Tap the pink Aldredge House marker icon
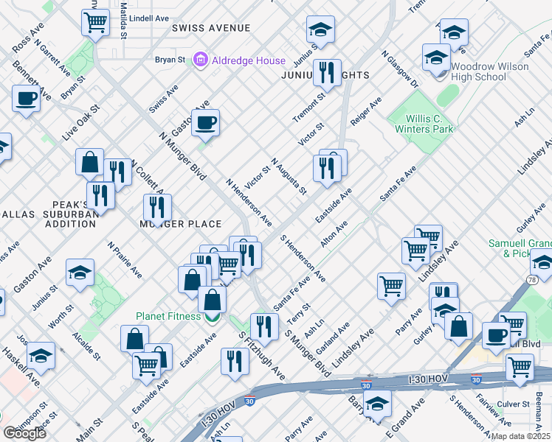200,60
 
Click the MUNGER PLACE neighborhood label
181,224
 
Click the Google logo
24,433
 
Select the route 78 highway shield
531,279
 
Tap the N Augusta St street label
289,176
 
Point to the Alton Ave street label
334,234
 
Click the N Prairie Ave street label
125,259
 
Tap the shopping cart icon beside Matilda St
95,24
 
